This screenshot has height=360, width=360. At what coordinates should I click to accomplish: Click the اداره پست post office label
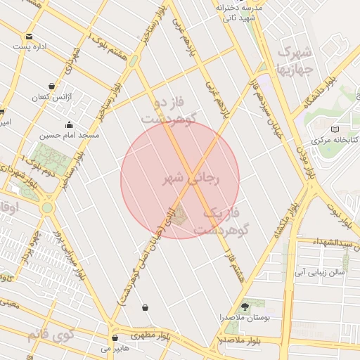click(30, 46)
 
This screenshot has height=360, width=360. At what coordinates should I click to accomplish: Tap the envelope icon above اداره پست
click(29, 36)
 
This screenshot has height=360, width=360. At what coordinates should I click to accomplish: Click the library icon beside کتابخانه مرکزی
click(335, 129)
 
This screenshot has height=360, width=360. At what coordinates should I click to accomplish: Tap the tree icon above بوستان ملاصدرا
click(245, 307)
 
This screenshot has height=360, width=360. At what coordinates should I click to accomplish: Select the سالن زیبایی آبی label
click(320, 271)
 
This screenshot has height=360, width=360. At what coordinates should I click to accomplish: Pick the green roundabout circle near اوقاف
click(47, 207)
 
